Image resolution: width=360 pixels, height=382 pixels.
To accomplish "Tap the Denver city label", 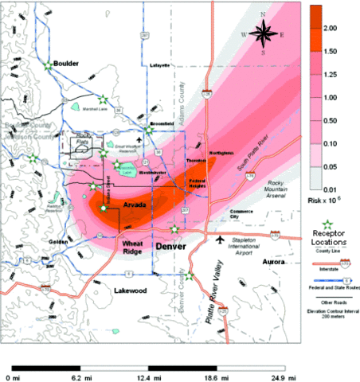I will [169, 246].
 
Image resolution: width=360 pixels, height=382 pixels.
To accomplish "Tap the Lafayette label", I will [160, 65].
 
